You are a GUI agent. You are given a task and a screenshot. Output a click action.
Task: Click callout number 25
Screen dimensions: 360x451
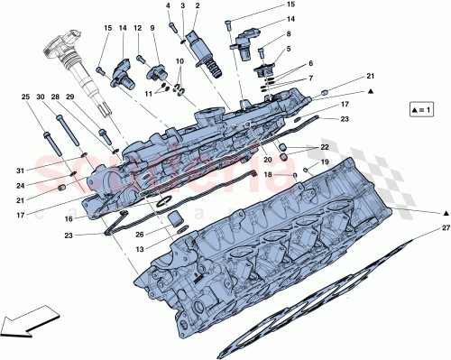tap(26, 97)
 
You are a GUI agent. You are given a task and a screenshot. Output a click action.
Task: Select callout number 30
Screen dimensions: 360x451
tap(41, 97)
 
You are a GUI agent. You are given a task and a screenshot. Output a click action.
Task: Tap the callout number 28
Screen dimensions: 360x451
tap(56, 97)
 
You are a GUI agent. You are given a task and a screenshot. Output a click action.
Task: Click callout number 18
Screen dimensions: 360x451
tap(268, 173)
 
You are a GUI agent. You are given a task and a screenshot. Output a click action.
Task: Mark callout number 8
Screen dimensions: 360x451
tap(289, 34)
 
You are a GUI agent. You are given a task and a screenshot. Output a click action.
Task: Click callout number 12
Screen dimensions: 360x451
tap(138, 28)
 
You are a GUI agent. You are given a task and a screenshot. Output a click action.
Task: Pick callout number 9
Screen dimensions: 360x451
tap(153, 28)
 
